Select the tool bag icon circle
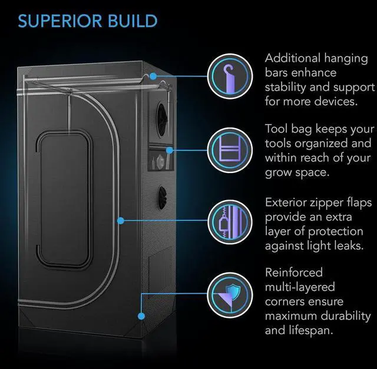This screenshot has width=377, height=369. [227, 149]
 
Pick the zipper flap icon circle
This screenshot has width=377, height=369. [227, 221]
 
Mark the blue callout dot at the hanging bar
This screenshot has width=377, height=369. [153, 77]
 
